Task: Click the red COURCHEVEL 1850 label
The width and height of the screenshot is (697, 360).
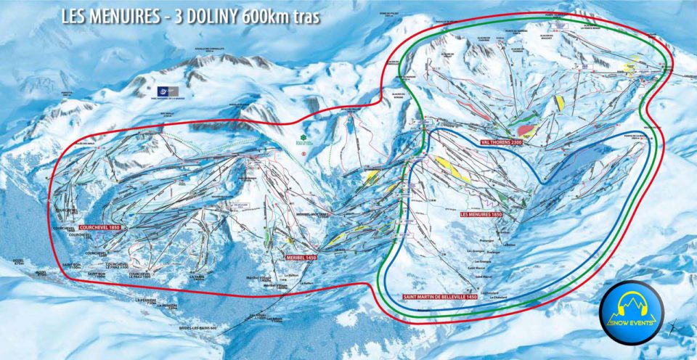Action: [x=104, y=227]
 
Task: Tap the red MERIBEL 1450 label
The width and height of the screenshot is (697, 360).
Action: [x=299, y=257]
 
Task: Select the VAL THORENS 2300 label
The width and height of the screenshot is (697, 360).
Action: [x=502, y=142]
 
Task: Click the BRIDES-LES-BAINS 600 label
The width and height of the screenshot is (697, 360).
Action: [x=197, y=328]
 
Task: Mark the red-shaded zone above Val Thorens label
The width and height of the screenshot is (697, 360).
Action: [x=528, y=130]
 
